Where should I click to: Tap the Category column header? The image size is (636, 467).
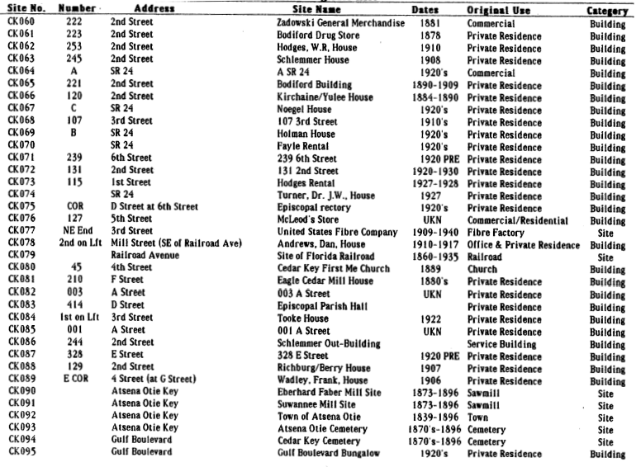(x=607, y=11)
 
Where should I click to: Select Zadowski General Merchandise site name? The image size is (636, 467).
(x=340, y=23)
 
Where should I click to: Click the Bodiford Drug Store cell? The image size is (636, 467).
(x=321, y=35)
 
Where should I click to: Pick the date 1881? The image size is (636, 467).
(x=430, y=23)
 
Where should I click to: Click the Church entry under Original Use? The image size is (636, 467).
(x=482, y=269)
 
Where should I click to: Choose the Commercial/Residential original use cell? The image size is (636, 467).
(x=517, y=220)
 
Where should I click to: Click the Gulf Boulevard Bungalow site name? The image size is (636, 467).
(x=328, y=454)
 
